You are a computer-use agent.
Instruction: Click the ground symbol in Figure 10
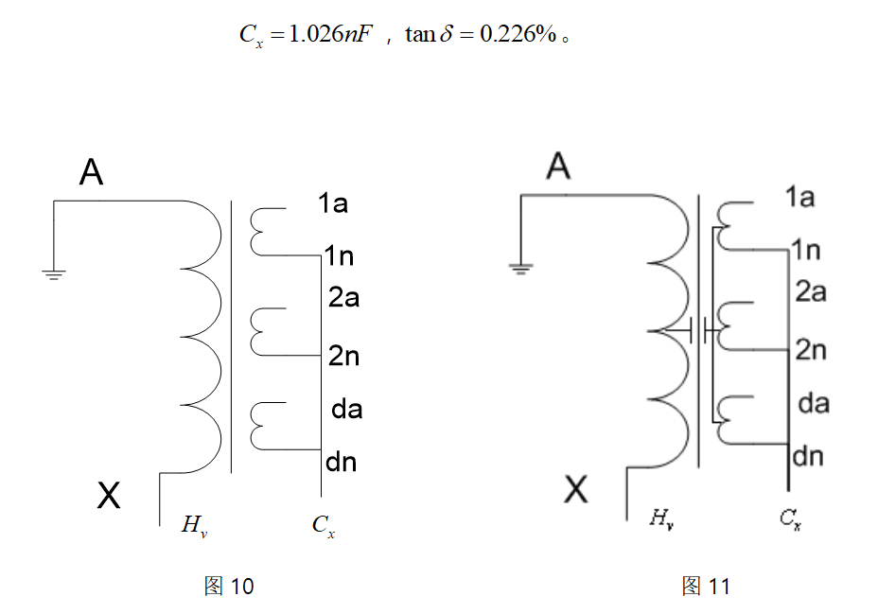tap(54, 274)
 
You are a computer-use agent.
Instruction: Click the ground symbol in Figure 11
tap(519, 268)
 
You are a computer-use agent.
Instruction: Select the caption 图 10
tap(229, 587)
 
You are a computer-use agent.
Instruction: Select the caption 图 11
tap(706, 587)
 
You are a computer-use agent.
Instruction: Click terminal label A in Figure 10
tap(92, 172)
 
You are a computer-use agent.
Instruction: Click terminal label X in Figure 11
tap(575, 489)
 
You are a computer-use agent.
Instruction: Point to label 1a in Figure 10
tap(333, 202)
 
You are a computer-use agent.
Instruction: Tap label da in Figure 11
tap(814, 404)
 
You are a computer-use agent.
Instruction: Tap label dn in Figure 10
tap(341, 463)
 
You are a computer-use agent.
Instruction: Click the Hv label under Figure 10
tap(194, 525)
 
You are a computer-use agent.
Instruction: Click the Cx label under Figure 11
tap(791, 518)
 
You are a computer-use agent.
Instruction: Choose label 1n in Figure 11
tap(806, 250)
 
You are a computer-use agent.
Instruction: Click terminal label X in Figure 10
tap(109, 494)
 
